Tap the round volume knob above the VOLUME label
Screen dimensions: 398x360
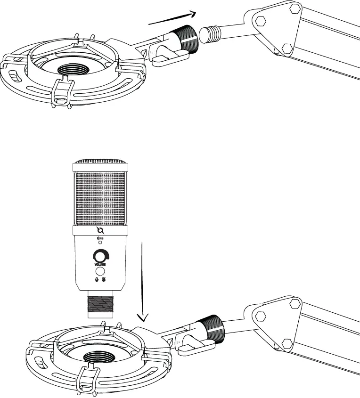(99, 256)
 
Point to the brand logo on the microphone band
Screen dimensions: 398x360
(99, 230)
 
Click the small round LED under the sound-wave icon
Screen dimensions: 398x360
(99, 243)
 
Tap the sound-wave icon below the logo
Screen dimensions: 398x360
(99, 238)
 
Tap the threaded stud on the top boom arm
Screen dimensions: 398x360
(210, 34)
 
